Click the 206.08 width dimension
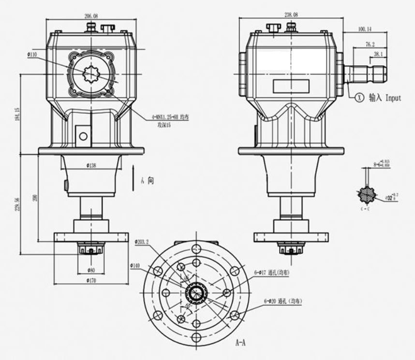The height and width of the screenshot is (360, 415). [x=91, y=15]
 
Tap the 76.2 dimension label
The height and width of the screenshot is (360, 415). [x=370, y=44]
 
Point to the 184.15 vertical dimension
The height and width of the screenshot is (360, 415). [x=17, y=115]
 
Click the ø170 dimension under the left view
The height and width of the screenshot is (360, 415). [x=91, y=280]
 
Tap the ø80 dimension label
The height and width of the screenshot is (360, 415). [x=91, y=269]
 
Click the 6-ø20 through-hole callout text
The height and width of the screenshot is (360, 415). [x=283, y=301]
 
